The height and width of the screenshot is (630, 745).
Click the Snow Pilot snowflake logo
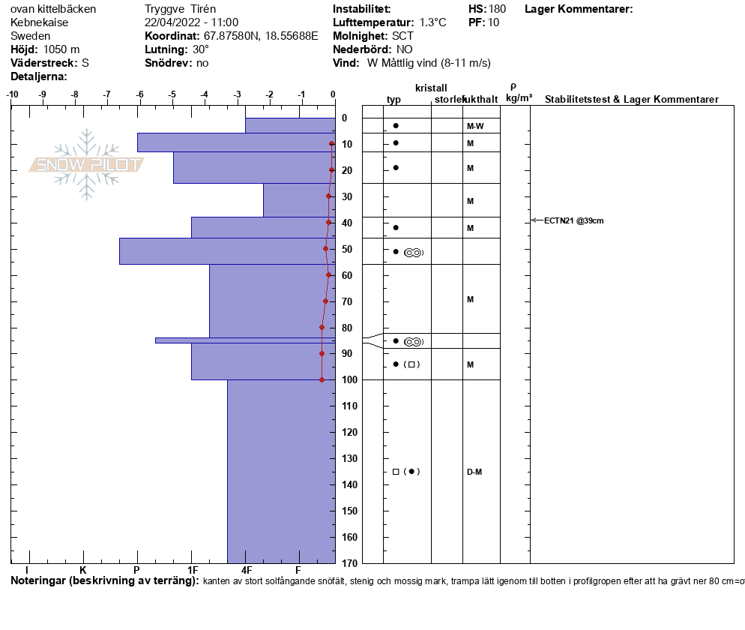coord(86,164)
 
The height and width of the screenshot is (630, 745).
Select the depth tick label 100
coord(347,380)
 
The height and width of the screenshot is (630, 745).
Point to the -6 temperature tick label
coord(139,95)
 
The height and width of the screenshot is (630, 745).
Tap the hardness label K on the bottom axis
coord(83,570)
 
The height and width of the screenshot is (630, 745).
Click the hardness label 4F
coord(247,570)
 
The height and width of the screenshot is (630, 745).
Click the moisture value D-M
coord(474,472)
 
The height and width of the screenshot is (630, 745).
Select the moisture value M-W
coord(474,126)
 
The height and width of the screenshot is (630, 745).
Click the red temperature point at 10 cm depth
coord(332,143)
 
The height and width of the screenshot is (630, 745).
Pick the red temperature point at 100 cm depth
coord(322,379)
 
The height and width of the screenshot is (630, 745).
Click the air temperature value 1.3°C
coord(432,22)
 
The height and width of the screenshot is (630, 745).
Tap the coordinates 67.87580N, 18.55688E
coord(261,36)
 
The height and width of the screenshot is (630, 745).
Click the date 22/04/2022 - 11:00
coord(191,22)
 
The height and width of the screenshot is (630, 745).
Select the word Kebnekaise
coord(41,22)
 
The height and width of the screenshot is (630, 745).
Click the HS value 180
coord(497,9)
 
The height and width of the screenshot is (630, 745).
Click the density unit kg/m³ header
coord(519,98)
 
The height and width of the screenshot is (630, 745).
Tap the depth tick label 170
coord(347,563)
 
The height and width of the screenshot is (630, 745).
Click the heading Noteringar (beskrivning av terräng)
coord(105,581)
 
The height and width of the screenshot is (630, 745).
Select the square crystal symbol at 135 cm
coord(396,472)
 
